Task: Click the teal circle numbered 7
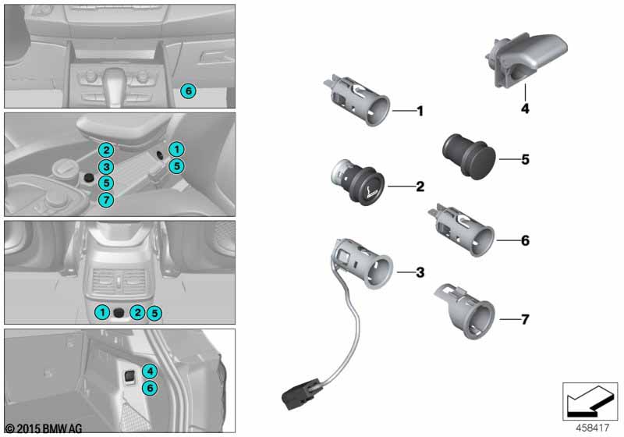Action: (x=107, y=201)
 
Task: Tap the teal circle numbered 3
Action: (x=107, y=167)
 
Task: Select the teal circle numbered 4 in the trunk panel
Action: (x=151, y=371)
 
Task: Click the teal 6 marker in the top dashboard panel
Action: (x=187, y=91)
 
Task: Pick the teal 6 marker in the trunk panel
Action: (x=151, y=387)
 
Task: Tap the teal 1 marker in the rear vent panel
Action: (x=102, y=313)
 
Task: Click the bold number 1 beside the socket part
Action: (x=420, y=112)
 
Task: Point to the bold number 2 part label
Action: (x=420, y=187)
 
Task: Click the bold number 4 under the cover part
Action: (x=525, y=110)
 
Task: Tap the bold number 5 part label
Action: (x=525, y=159)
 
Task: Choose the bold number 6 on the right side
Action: (x=525, y=241)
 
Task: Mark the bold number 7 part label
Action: (x=525, y=319)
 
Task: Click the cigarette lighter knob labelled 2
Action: (x=358, y=182)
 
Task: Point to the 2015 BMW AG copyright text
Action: (x=42, y=429)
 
